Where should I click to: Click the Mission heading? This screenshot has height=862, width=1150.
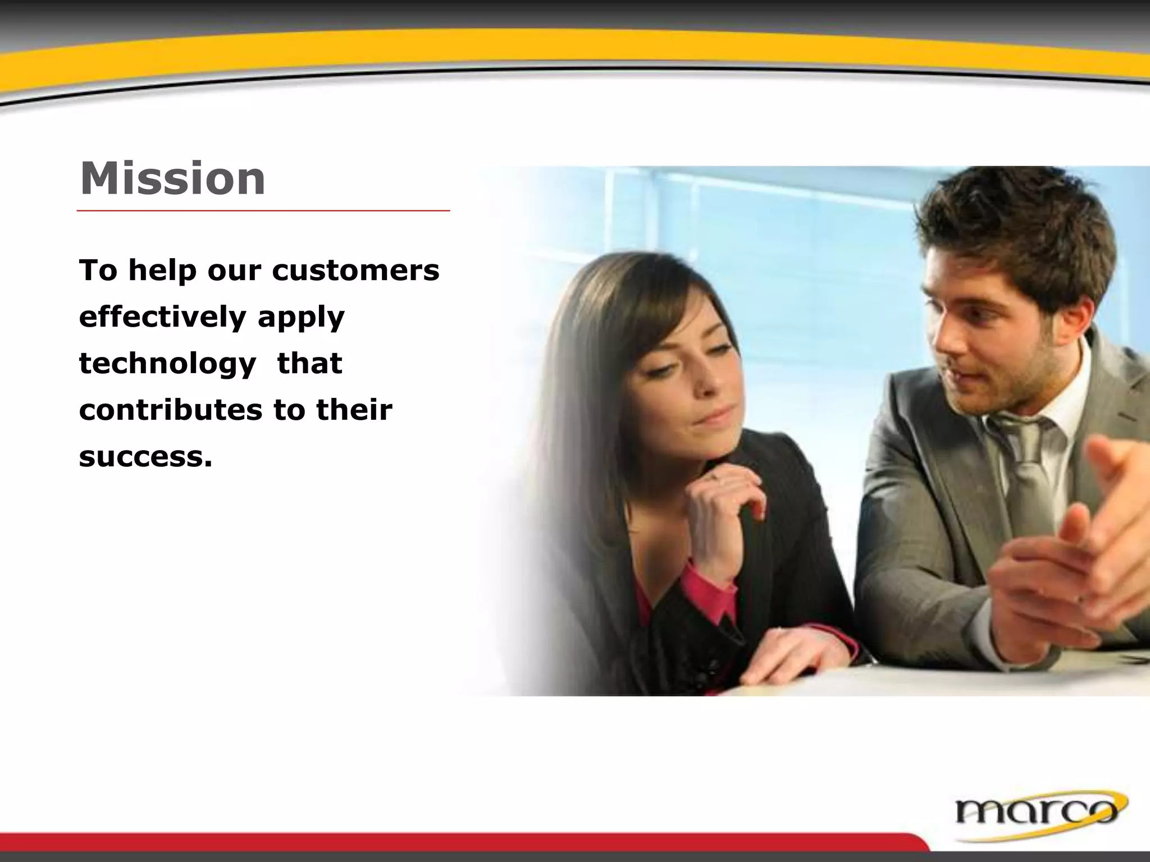(172, 179)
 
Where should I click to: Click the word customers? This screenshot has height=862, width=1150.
(355, 270)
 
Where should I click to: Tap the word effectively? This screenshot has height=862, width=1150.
(162, 317)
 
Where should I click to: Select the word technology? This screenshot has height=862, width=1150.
(167, 364)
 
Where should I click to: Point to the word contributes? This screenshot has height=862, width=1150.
(170, 410)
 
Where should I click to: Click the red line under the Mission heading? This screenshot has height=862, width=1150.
(263, 211)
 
